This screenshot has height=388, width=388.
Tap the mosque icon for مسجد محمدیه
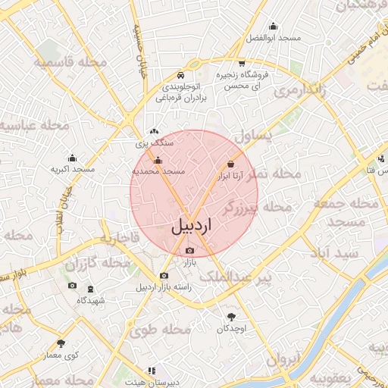point(158,161)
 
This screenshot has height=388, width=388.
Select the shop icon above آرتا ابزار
point(230,164)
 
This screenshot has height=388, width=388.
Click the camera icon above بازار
point(189,251)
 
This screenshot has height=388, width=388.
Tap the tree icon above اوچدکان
point(231,317)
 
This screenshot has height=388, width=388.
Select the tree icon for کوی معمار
point(61,343)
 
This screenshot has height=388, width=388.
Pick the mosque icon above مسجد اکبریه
point(72,158)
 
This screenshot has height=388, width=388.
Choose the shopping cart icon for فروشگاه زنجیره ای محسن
point(242,64)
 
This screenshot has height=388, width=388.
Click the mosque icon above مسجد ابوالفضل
point(273,26)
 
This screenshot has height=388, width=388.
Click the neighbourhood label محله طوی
point(158,330)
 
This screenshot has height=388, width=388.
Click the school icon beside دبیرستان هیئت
point(152,371)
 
